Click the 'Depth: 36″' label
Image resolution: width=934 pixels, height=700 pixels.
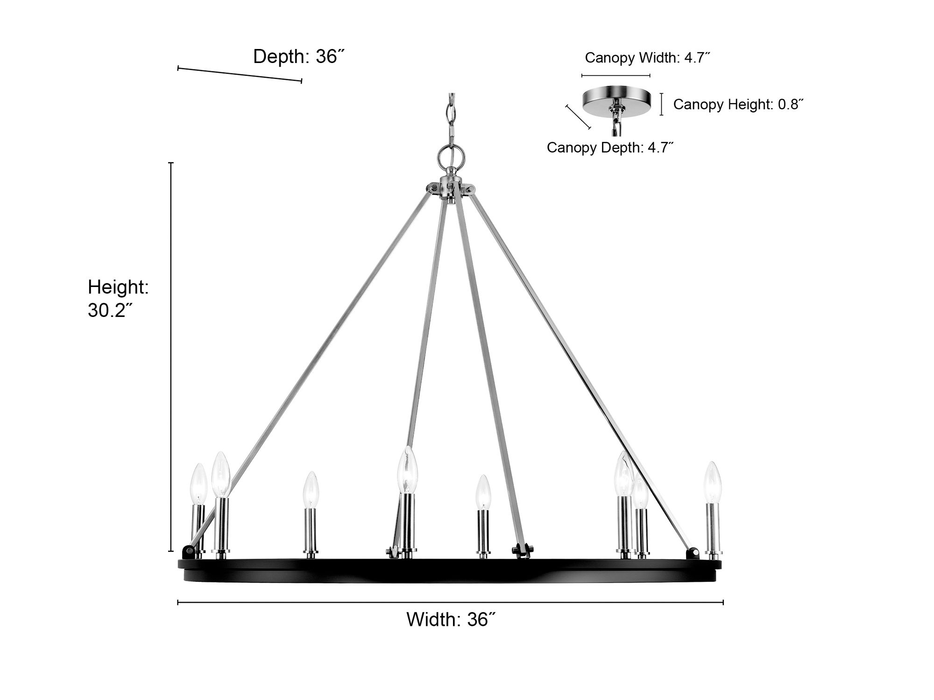[299, 56]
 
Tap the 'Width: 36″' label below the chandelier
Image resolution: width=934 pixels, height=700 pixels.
[451, 619]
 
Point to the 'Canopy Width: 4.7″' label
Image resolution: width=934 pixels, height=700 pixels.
[648, 58]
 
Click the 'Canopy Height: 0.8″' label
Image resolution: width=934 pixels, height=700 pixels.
[738, 104]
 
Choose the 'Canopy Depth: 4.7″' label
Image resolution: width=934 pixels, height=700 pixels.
[610, 147]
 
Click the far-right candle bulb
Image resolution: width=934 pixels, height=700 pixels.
[713, 483]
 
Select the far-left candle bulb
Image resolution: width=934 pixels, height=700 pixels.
[199, 484]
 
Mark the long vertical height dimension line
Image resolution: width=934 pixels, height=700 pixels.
[171, 357]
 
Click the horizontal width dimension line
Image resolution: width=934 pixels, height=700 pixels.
[451, 602]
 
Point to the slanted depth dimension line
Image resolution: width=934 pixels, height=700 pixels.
[240, 75]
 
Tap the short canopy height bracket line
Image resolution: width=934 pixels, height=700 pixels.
[661, 104]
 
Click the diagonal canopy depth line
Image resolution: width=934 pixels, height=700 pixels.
[578, 117]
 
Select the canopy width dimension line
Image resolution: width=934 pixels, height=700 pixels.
[616, 75]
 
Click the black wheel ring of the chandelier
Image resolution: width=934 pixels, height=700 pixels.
[450, 570]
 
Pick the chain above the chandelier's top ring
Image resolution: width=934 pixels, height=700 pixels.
[451, 119]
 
